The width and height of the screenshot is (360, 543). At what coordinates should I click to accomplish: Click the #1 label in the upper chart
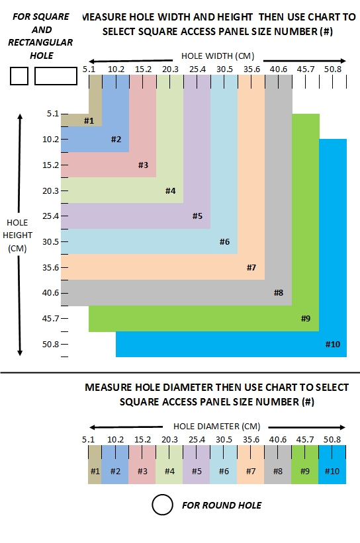89,120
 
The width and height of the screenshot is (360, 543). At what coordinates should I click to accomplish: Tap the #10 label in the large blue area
333,344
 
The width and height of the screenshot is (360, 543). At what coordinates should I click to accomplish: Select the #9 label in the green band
306,318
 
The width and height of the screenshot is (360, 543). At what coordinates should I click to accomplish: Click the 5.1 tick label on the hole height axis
53,114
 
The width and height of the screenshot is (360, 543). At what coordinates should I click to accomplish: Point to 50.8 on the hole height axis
50,344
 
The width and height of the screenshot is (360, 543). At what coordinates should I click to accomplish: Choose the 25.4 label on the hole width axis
197,69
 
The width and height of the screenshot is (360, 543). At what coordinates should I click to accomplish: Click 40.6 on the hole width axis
279,69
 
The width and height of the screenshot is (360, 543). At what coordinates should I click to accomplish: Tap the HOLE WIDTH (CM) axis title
218,56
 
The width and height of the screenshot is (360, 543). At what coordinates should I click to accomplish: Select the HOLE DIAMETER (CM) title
217,427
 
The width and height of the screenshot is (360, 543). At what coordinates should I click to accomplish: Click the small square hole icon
19,76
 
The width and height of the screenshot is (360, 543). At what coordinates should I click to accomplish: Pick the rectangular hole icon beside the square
56,76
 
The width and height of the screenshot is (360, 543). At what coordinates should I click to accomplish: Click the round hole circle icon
162,505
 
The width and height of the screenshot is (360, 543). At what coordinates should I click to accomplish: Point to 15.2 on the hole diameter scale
143,439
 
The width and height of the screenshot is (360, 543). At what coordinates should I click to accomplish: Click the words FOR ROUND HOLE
222,505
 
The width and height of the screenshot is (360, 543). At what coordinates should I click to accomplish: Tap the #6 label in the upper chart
224,241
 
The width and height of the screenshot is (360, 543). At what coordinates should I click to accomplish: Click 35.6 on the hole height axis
50,267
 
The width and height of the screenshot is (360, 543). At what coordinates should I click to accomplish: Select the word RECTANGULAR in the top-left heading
40,42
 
